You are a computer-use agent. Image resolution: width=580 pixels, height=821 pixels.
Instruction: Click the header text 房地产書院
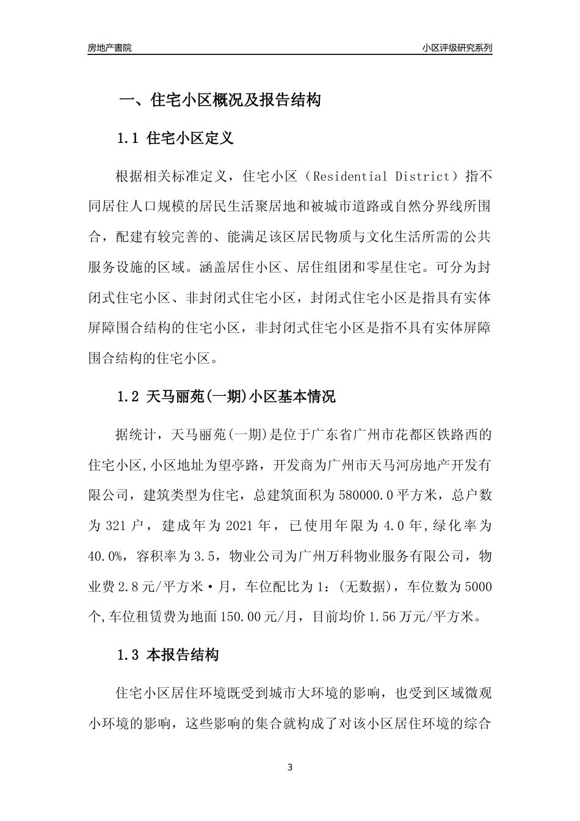coord(109,48)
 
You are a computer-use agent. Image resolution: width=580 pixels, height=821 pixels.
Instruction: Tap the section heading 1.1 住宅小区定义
coord(175,138)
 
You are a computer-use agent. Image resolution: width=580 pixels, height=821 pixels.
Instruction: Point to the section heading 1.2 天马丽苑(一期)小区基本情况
coord(226,396)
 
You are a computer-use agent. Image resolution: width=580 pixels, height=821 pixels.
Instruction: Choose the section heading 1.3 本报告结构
coord(168,655)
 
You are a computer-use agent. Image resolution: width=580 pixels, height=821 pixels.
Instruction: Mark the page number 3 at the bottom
coord(290,767)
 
